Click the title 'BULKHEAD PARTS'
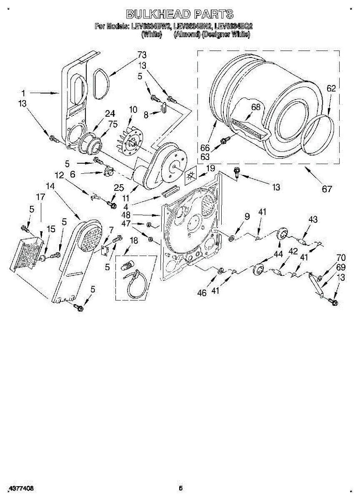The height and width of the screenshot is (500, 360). pyautogui.click(x=180, y=14)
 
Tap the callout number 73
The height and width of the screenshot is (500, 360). pyautogui.click(x=142, y=55)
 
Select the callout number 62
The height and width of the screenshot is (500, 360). pyautogui.click(x=331, y=88)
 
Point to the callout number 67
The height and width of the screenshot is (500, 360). pyautogui.click(x=327, y=189)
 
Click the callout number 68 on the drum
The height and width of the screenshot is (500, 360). pyautogui.click(x=255, y=107)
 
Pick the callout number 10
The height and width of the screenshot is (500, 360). pyautogui.click(x=133, y=110)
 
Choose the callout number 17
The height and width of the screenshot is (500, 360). pyautogui.click(x=40, y=197)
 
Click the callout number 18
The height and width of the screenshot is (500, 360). pyautogui.click(x=134, y=240)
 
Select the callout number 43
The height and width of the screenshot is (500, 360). pyautogui.click(x=313, y=220)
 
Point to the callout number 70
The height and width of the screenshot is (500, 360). pyautogui.click(x=330, y=257)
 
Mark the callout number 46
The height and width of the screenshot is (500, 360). pyautogui.click(x=202, y=293)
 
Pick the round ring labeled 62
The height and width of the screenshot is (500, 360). pyautogui.click(x=319, y=135)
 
